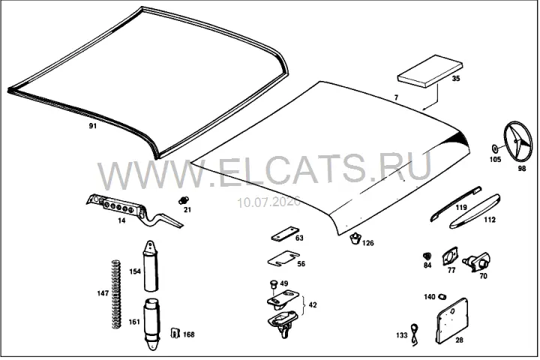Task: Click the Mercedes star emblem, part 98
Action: click(x=517, y=142)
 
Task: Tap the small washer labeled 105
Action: click(x=494, y=148)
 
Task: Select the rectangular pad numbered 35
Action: click(x=430, y=71)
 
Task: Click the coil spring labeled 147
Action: click(x=117, y=294)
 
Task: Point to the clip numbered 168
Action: click(x=175, y=333)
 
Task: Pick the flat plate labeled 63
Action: click(x=285, y=234)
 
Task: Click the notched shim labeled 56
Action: click(x=283, y=259)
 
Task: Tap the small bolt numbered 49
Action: click(x=274, y=285)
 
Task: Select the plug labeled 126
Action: click(x=355, y=238)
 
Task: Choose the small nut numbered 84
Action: click(x=427, y=256)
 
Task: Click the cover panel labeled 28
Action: click(x=451, y=321)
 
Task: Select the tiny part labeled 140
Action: click(x=442, y=296)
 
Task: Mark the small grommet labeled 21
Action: click(x=184, y=199)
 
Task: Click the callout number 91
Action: click(x=93, y=126)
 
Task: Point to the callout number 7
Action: click(x=396, y=97)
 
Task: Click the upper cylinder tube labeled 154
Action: click(x=151, y=265)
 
